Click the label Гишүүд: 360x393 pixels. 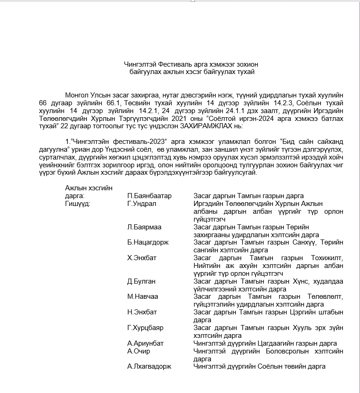tap(78, 204)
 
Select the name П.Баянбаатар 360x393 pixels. tap(149, 196)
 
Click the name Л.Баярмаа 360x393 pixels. tap(144, 227)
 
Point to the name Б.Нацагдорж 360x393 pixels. tap(147, 242)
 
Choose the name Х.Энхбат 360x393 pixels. tap(142, 258)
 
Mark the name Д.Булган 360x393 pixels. tap(142, 281)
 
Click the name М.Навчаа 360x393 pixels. tap(143, 296)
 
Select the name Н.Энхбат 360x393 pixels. tap(142, 312)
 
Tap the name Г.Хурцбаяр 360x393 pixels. tap(145, 328)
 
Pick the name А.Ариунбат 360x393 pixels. tap(145, 343)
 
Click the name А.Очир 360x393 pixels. tap(138, 351)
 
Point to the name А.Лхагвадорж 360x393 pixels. tap(149, 366)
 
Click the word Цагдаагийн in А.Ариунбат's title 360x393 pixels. tap(266, 343)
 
